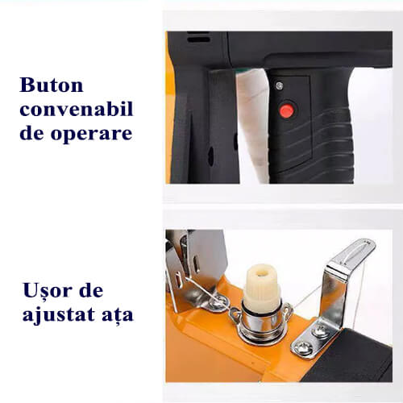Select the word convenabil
(x=76, y=110)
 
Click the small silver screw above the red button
(x=280, y=86)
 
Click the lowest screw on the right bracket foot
(x=303, y=349)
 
